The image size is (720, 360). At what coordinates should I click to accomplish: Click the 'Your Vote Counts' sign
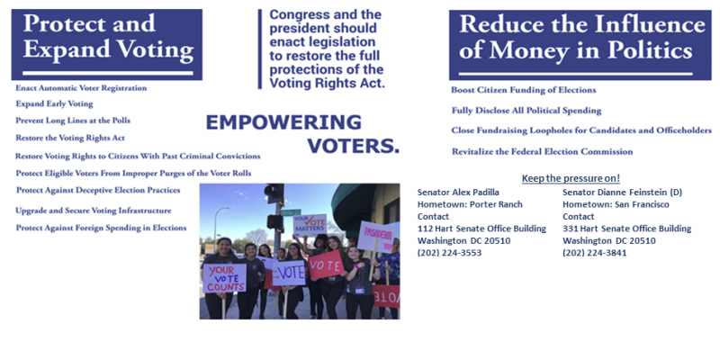224,278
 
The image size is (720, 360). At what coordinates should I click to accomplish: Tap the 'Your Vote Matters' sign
311,226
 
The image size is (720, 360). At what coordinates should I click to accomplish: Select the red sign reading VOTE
325,265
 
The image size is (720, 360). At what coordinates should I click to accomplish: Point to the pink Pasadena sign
378,236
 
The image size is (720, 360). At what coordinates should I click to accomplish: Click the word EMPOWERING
283,123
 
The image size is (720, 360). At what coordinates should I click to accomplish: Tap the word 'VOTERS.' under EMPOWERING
353,145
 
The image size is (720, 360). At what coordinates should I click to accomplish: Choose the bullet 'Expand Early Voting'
54,104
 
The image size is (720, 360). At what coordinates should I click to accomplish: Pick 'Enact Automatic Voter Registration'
81,88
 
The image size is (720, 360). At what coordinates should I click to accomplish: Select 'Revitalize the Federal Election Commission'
542,151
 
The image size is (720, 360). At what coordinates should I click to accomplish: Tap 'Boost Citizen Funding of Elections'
523,90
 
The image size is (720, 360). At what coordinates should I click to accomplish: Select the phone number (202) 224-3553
449,253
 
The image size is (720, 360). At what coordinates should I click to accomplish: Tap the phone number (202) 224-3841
594,253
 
